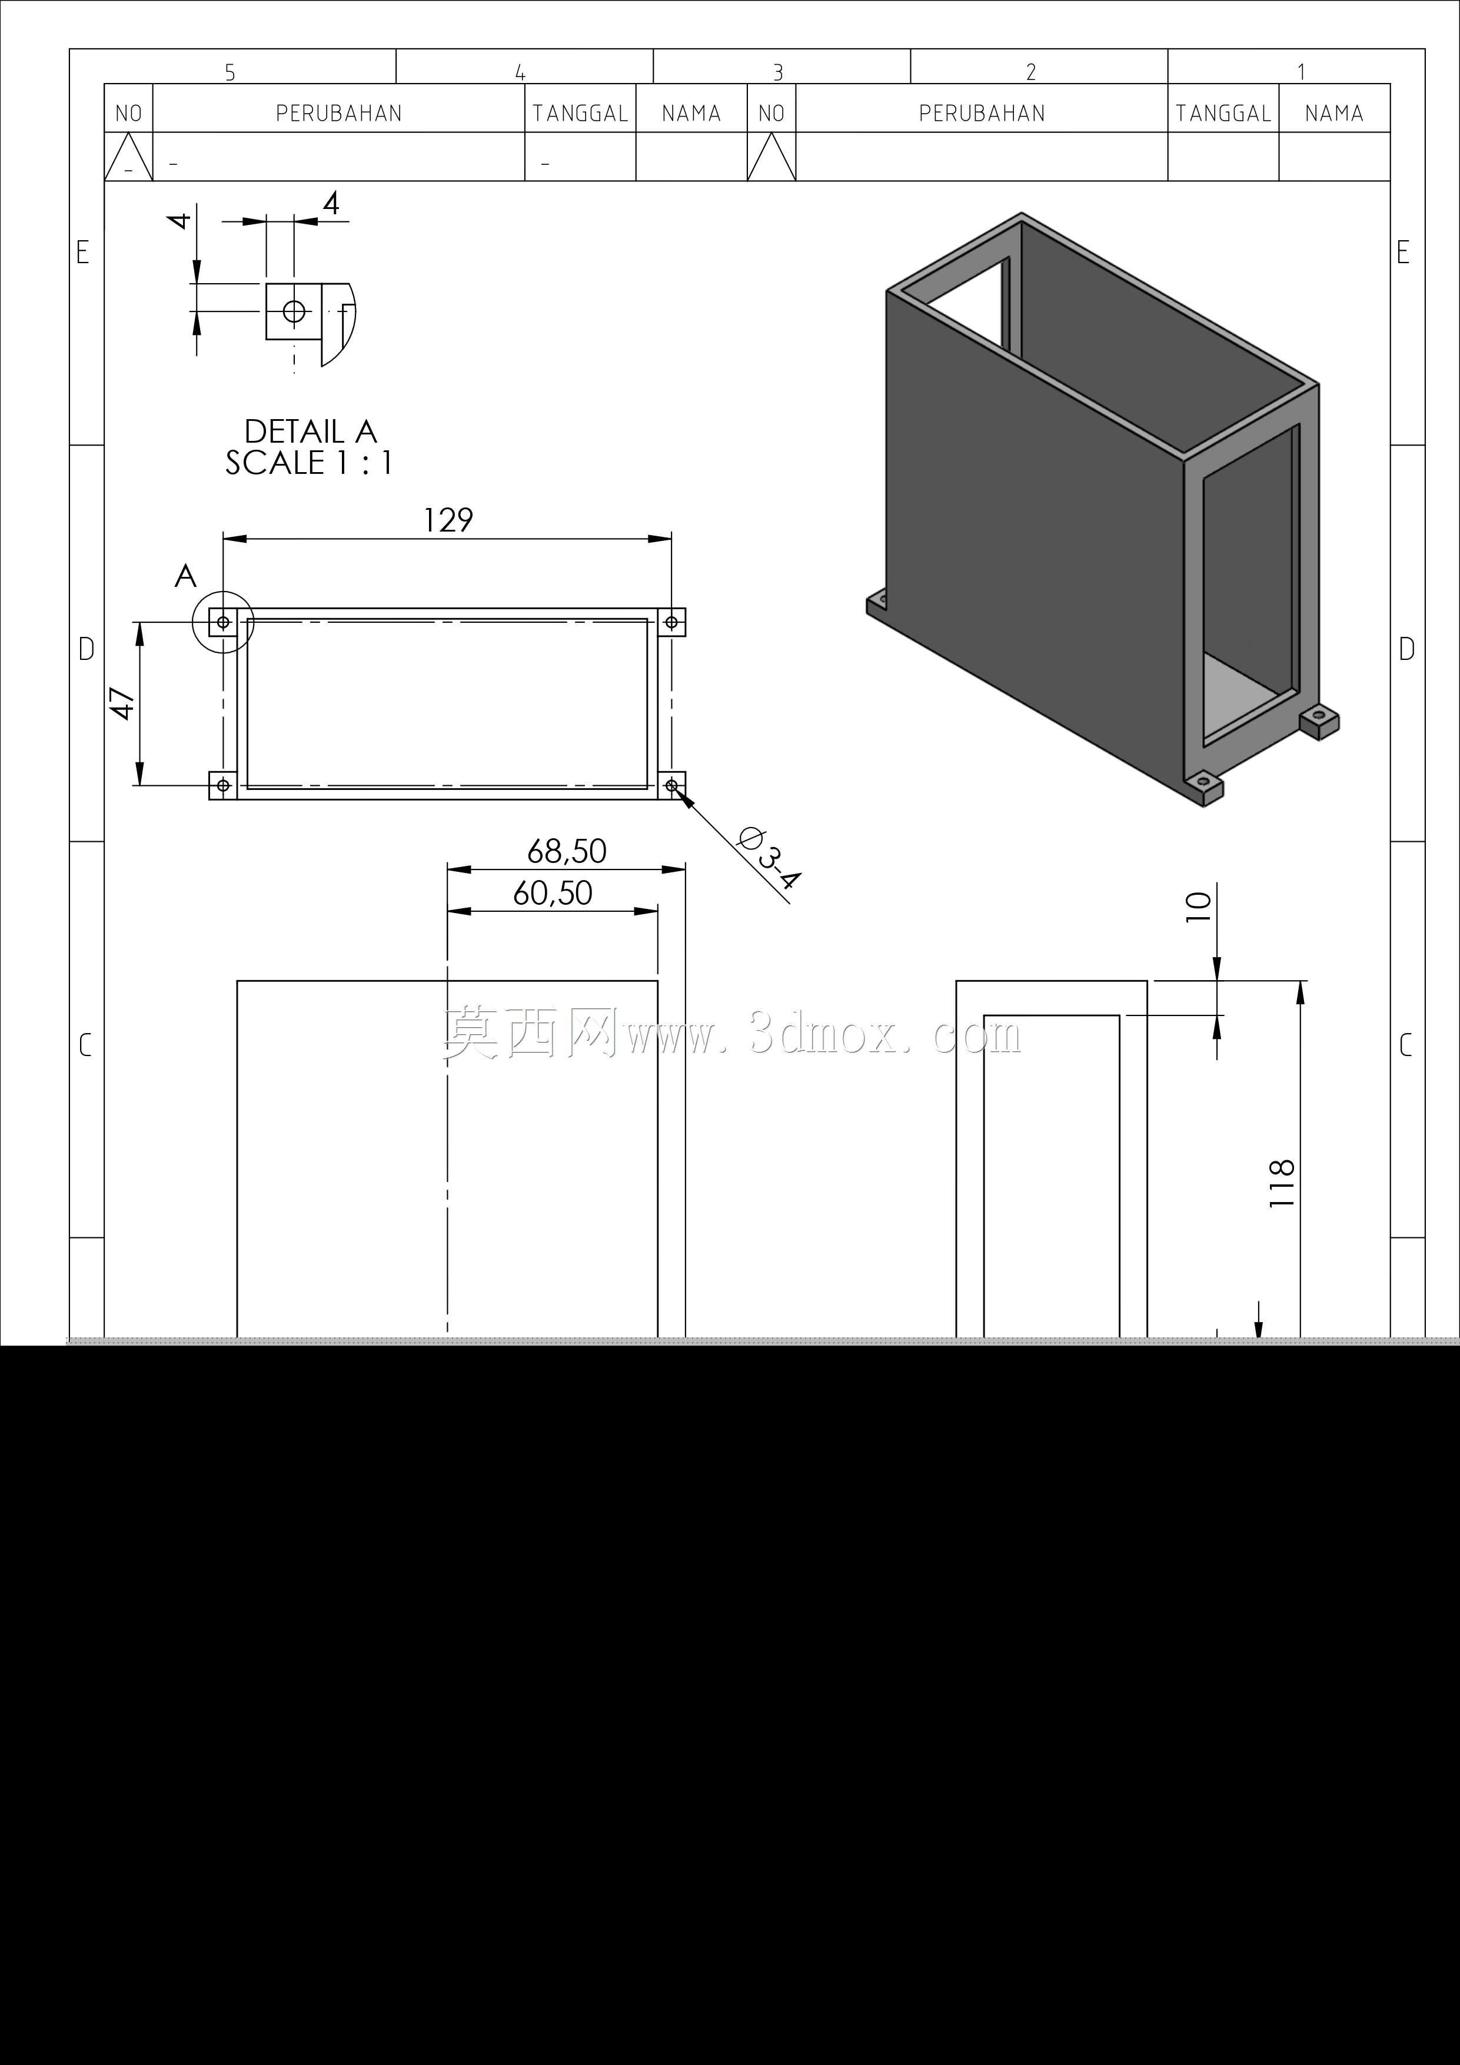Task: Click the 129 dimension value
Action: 448,520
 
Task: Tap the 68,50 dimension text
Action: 567,851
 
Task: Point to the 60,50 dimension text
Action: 553,893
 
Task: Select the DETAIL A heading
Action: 310,431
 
